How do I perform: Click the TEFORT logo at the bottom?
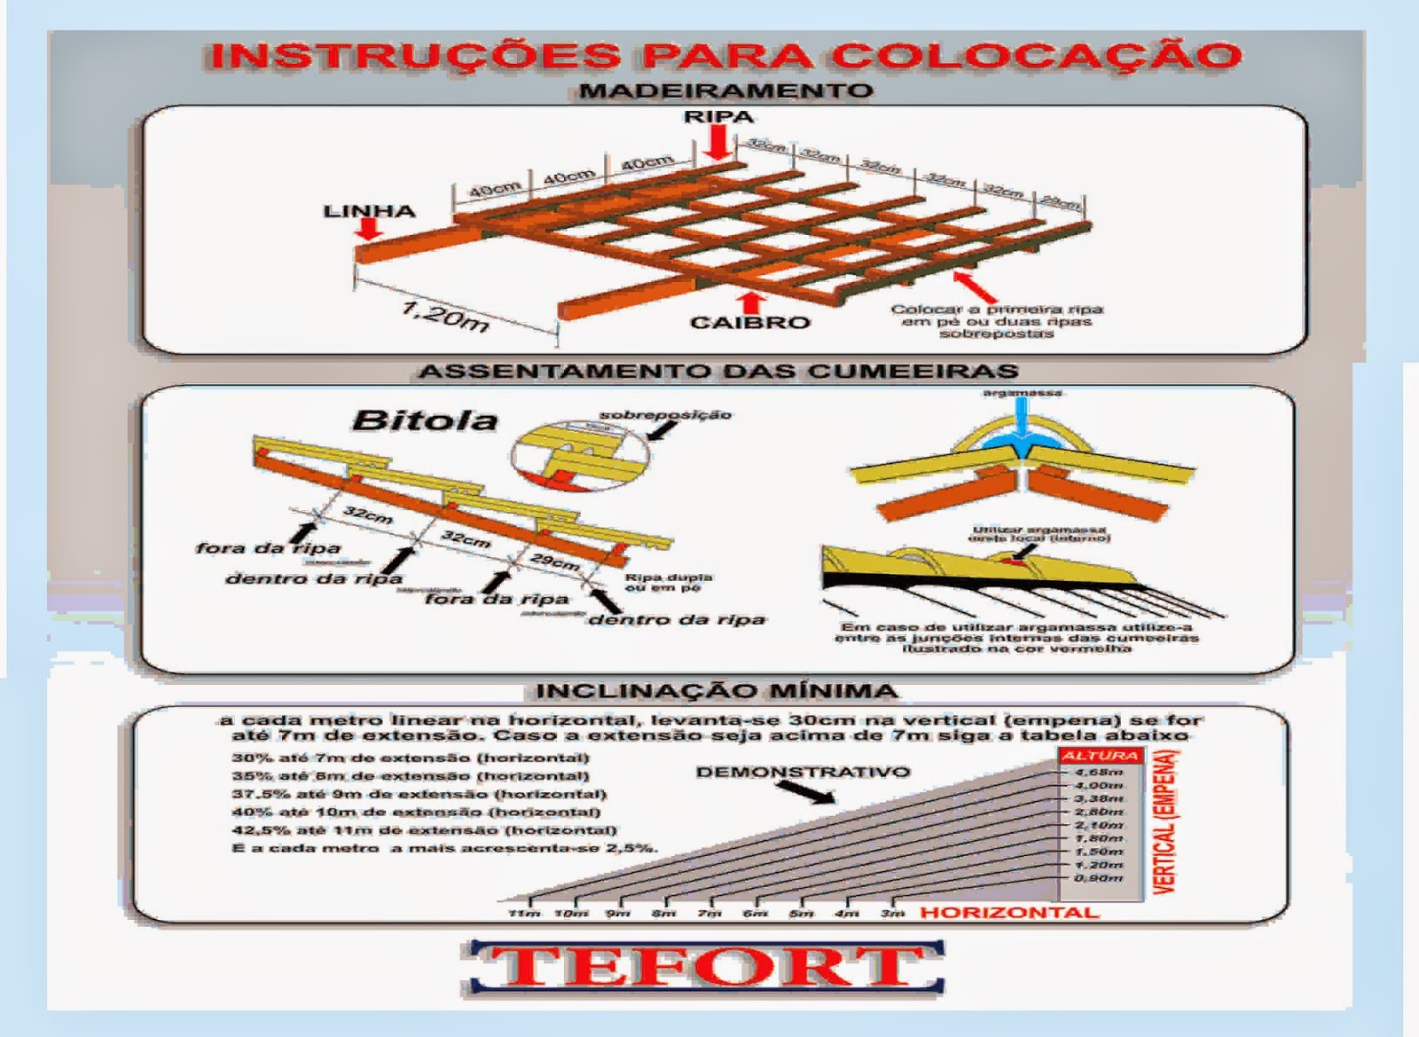(x=702, y=968)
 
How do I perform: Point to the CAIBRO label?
(x=750, y=322)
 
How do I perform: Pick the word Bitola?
(x=425, y=420)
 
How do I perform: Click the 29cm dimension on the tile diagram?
(x=555, y=562)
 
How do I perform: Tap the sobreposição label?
(x=665, y=414)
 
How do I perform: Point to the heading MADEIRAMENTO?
(x=725, y=90)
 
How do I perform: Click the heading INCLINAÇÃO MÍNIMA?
(x=717, y=690)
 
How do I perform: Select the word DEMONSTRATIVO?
(x=803, y=772)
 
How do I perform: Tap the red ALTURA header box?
(x=1100, y=756)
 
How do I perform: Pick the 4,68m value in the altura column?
(x=1099, y=773)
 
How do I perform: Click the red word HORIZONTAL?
(x=1009, y=912)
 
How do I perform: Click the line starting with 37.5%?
(x=419, y=794)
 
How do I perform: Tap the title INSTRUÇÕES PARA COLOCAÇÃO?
(x=725, y=55)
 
